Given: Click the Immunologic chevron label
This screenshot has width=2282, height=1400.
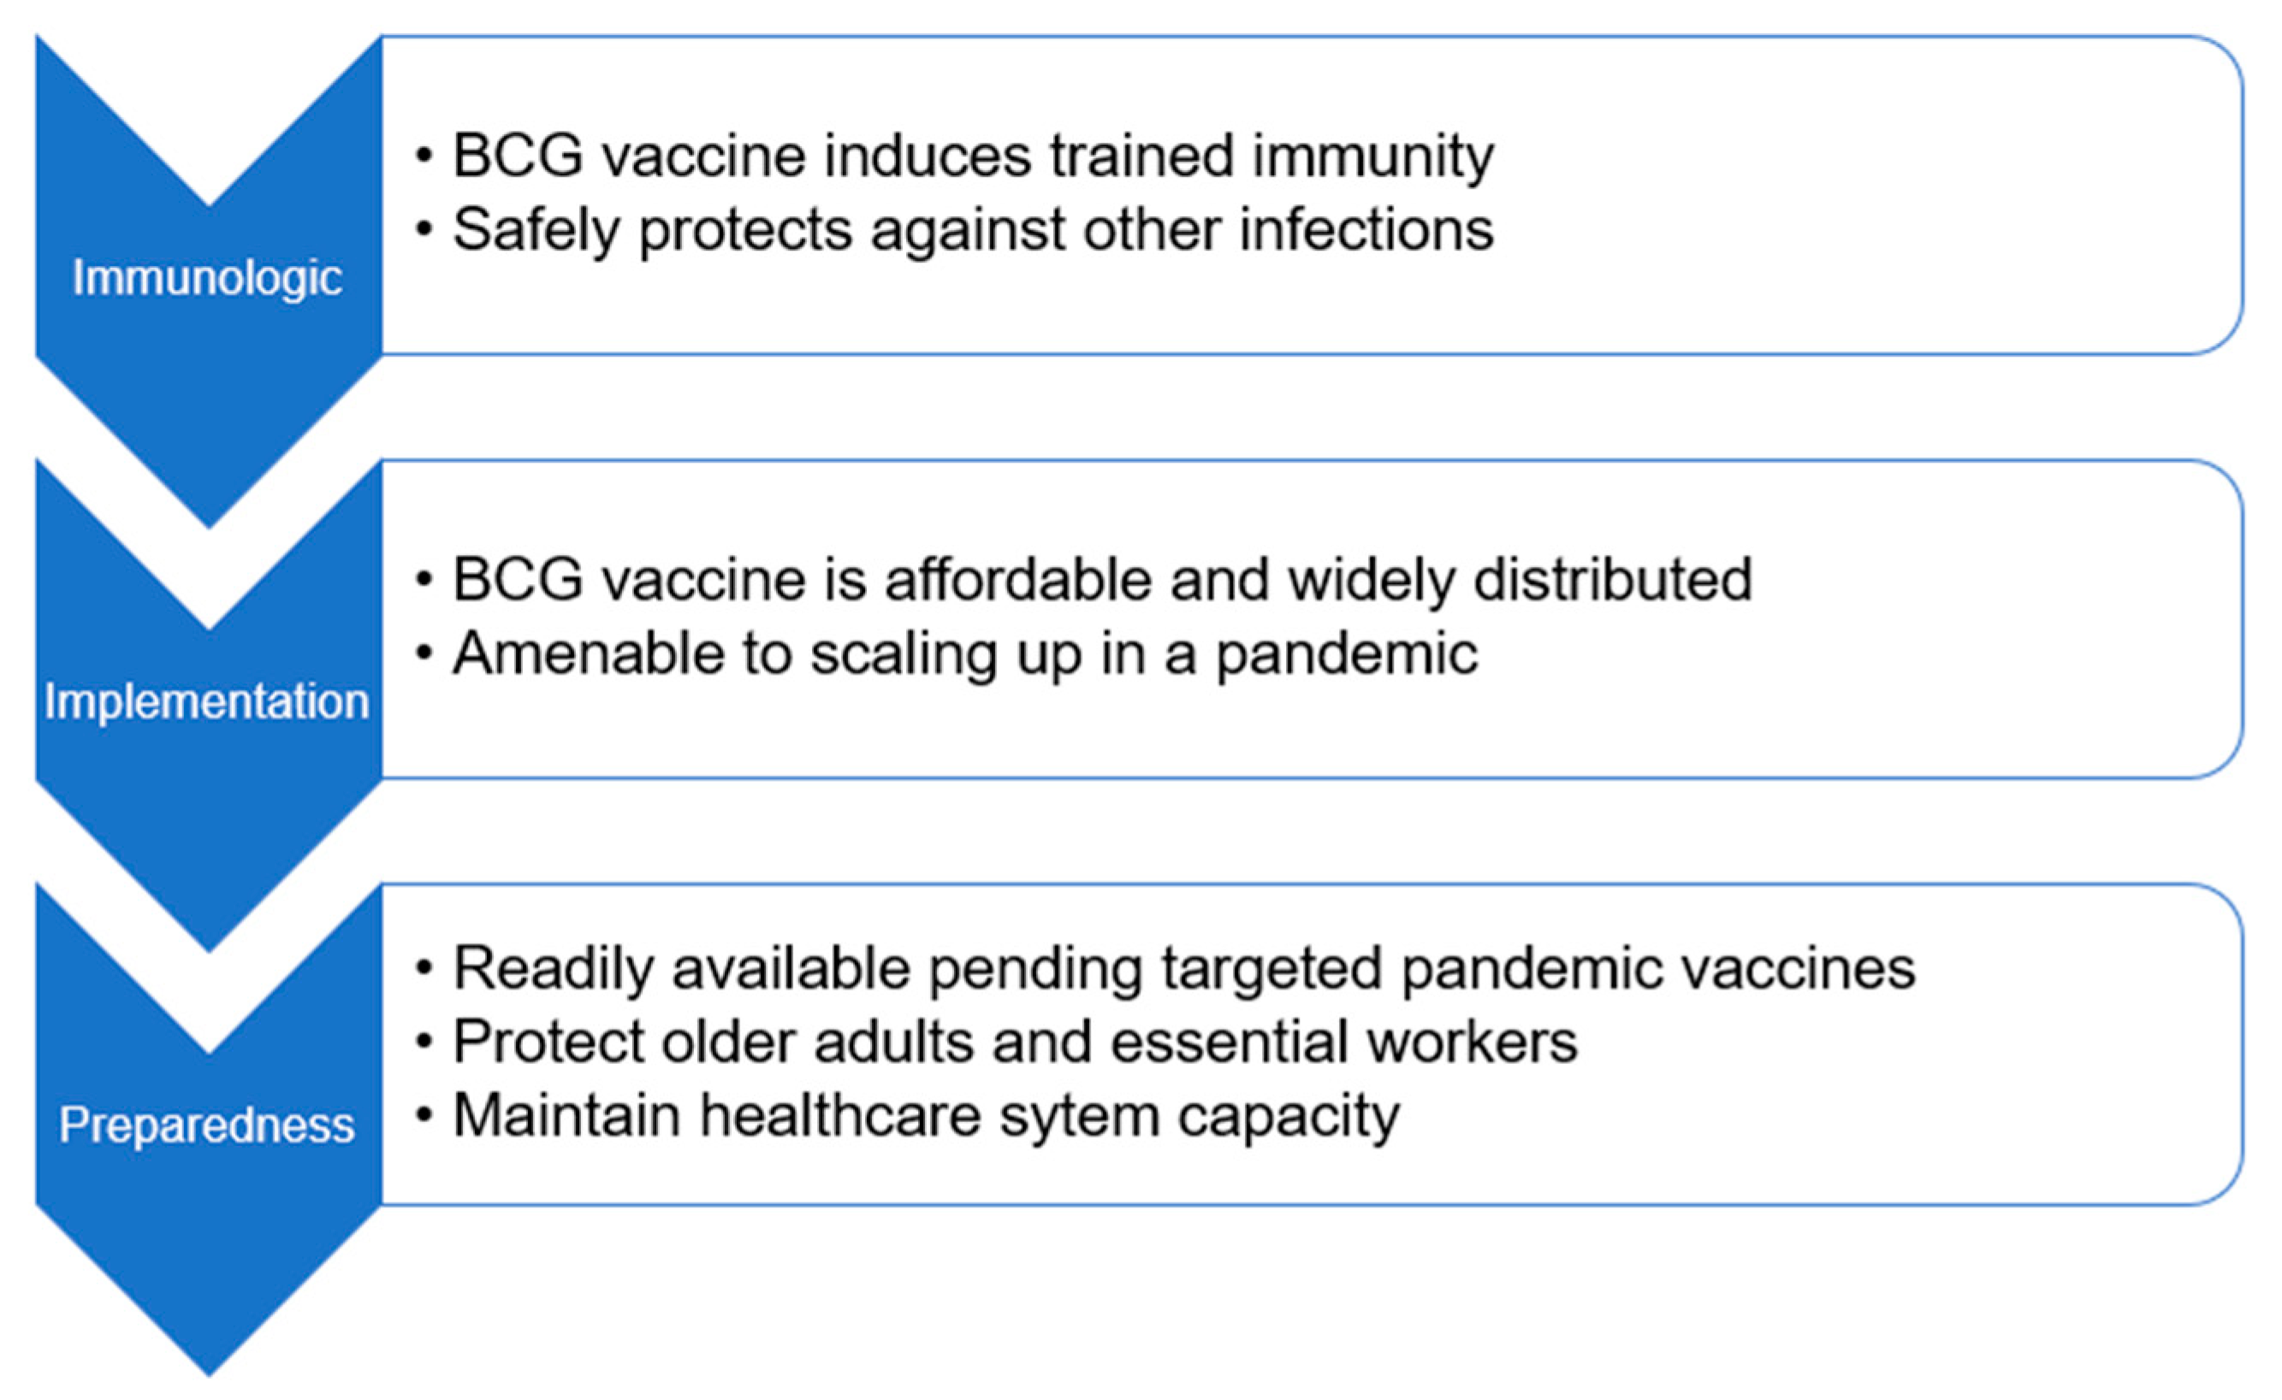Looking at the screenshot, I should [207, 278].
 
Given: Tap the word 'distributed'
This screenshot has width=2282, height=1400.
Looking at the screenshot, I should [1612, 581].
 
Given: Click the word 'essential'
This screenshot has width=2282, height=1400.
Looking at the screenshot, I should [1229, 1042].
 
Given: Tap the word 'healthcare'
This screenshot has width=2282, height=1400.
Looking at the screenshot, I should [839, 1115].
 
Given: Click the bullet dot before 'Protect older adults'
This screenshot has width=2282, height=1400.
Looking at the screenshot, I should [425, 1043].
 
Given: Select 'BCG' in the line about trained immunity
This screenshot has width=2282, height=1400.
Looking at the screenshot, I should [518, 156].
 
